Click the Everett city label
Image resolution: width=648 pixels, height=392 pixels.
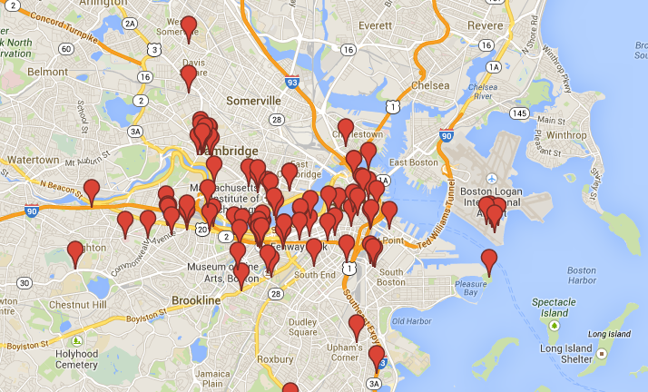374,26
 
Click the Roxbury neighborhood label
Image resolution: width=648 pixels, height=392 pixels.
275,358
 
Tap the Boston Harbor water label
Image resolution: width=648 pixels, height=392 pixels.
582,276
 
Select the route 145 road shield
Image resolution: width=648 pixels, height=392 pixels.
519,113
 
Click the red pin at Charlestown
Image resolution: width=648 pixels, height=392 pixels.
345,130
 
